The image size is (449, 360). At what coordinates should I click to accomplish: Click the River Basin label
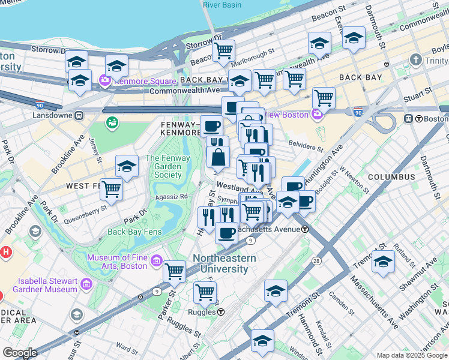(x=221, y=5)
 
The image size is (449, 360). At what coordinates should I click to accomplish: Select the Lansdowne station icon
(x=78, y=115)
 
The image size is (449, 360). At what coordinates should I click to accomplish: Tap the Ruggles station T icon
(x=221, y=312)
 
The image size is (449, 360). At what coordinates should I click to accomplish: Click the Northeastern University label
(x=224, y=264)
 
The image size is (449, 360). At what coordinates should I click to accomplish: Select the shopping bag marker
(x=218, y=157)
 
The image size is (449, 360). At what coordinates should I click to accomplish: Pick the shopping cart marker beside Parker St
(x=174, y=272)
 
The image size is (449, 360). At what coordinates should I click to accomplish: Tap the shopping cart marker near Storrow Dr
(x=223, y=51)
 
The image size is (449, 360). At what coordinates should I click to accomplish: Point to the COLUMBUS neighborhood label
(x=391, y=177)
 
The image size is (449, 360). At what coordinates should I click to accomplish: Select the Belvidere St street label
(x=306, y=145)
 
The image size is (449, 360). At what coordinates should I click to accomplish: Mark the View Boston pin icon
(x=316, y=114)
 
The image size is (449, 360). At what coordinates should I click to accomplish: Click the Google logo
(x=19, y=353)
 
